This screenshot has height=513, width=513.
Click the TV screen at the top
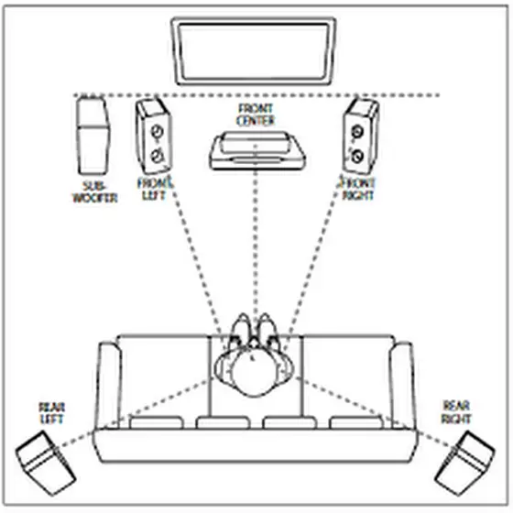254,51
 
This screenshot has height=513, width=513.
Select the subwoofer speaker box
93,136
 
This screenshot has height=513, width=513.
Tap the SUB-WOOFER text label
94,192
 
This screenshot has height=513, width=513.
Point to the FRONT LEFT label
155,189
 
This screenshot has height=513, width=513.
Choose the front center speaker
257,151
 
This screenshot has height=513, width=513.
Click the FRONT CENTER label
256,115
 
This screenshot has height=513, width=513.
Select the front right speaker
360,136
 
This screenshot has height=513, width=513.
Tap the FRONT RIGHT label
357,189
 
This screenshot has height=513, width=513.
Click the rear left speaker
46,463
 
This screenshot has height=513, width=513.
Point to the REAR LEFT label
51,413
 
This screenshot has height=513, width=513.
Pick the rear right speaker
464,463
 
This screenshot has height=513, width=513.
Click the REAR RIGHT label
456,412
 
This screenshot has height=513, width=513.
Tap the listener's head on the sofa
254,372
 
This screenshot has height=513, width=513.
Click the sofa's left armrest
109,386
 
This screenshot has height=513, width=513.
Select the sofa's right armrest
402,386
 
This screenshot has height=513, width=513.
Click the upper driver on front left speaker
157,132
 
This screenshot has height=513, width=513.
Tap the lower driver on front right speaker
358,157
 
